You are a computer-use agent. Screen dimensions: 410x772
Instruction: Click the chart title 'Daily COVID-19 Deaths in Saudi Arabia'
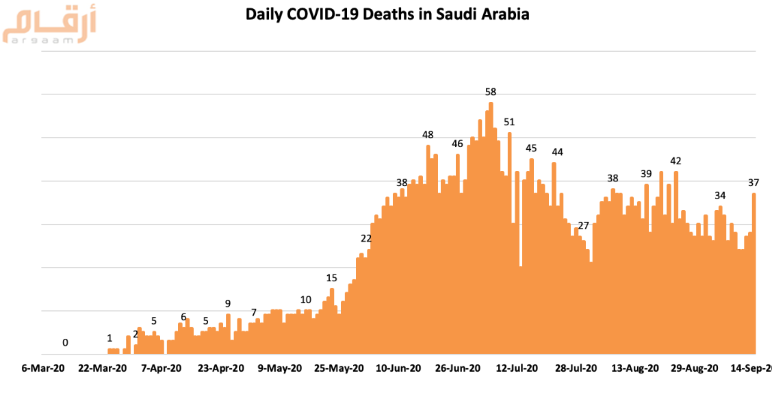[388, 14]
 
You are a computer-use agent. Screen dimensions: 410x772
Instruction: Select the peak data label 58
[490, 92]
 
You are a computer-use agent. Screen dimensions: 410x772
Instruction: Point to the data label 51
[509, 122]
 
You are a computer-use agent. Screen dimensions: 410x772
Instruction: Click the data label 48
[428, 135]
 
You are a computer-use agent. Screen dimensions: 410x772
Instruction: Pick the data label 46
[458, 144]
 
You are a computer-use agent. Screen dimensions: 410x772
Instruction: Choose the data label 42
[675, 161]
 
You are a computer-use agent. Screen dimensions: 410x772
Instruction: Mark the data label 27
[583, 226]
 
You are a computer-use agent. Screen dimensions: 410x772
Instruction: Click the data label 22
[366, 238]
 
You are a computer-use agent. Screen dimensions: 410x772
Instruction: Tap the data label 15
[331, 278]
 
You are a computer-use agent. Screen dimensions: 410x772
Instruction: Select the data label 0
[65, 342]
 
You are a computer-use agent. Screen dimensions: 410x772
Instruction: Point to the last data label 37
[754, 183]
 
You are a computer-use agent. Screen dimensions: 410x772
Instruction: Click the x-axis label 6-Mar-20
[42, 368]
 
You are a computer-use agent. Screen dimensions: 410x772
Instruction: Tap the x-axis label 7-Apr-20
[162, 368]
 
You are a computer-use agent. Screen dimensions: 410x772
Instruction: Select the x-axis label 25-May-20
[339, 368]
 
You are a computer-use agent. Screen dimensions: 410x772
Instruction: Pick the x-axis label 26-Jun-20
[458, 368]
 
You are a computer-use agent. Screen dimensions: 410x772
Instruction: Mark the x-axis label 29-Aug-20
[695, 368]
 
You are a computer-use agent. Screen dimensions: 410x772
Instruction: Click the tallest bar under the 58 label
[491, 226]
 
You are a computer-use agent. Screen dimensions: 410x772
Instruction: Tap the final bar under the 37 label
[754, 274]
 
